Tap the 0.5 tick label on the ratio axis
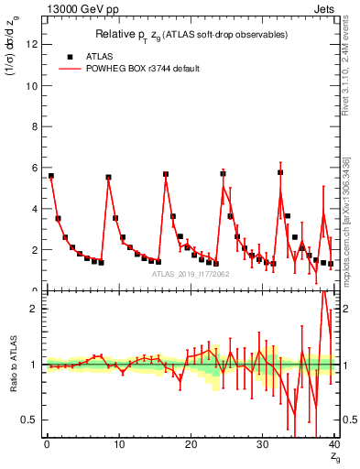coord(30,420)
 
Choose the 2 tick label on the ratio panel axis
coord(35,309)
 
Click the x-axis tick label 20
coord(191,444)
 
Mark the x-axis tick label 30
coord(262,444)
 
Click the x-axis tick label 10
coord(118,444)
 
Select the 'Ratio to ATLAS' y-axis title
coord(13,364)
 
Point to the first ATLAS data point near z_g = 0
coord(51,175)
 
